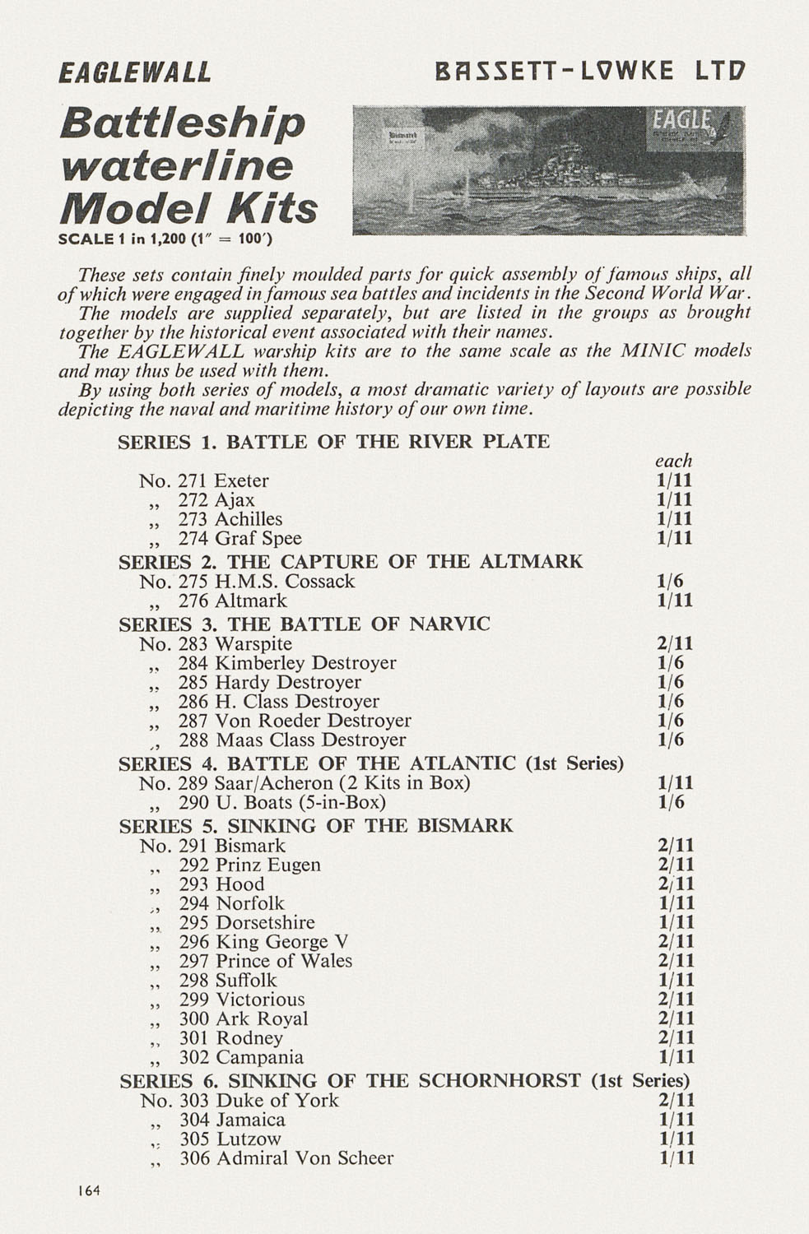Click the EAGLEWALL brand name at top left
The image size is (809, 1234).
135,72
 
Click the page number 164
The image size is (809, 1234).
88,1190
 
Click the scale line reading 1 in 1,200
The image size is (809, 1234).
165,239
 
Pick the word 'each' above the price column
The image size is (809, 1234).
673,461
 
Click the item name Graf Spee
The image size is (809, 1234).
258,539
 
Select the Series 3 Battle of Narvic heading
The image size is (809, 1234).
305,624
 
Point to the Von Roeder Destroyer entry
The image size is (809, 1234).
313,721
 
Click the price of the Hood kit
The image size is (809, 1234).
676,884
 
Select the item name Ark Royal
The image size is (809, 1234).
262,1019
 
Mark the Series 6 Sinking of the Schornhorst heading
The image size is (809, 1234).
404,1080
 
